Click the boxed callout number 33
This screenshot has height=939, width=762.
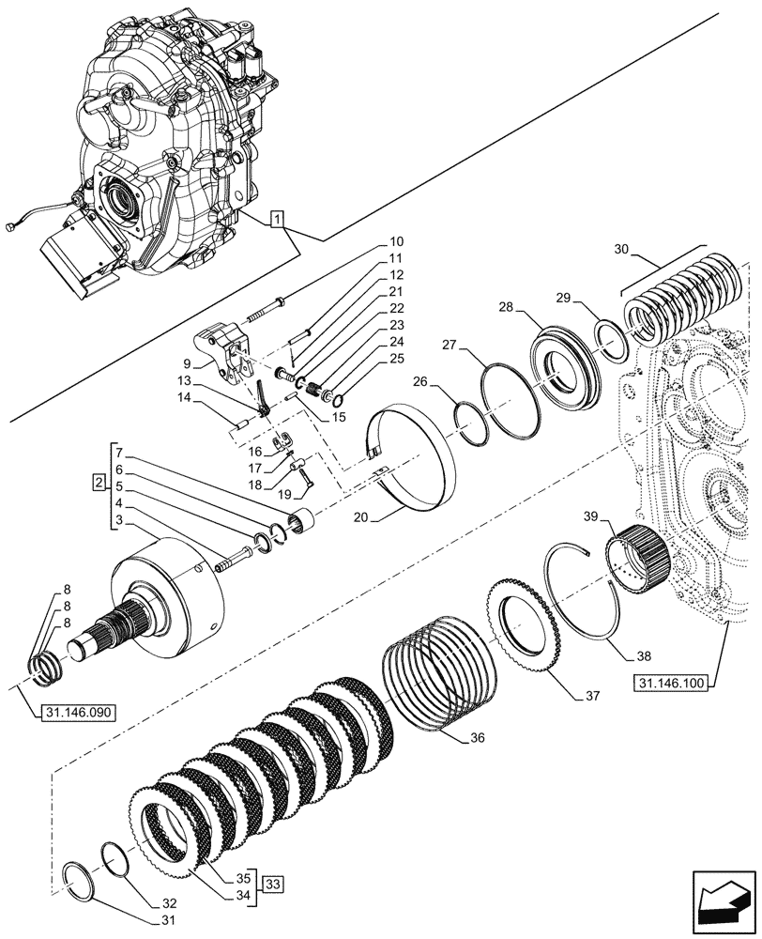coord(273,884)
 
